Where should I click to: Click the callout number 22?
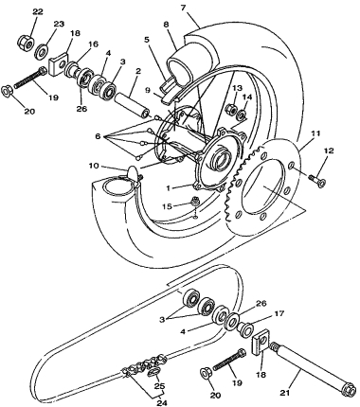[38, 12]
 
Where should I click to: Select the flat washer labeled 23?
[42, 50]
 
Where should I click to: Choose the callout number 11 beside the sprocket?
[315, 133]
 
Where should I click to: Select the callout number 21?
[285, 392]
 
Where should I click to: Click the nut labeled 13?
[231, 109]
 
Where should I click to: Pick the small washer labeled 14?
[243, 115]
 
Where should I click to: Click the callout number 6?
[99, 136]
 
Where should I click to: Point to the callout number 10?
[95, 166]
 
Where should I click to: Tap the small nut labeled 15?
[195, 201]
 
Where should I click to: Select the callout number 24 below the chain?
[161, 402]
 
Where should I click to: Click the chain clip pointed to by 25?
[153, 372]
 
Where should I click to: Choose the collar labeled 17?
[245, 329]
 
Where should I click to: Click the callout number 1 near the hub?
[169, 188]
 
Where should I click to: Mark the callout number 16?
[93, 44]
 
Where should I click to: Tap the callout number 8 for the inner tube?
[167, 24]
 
